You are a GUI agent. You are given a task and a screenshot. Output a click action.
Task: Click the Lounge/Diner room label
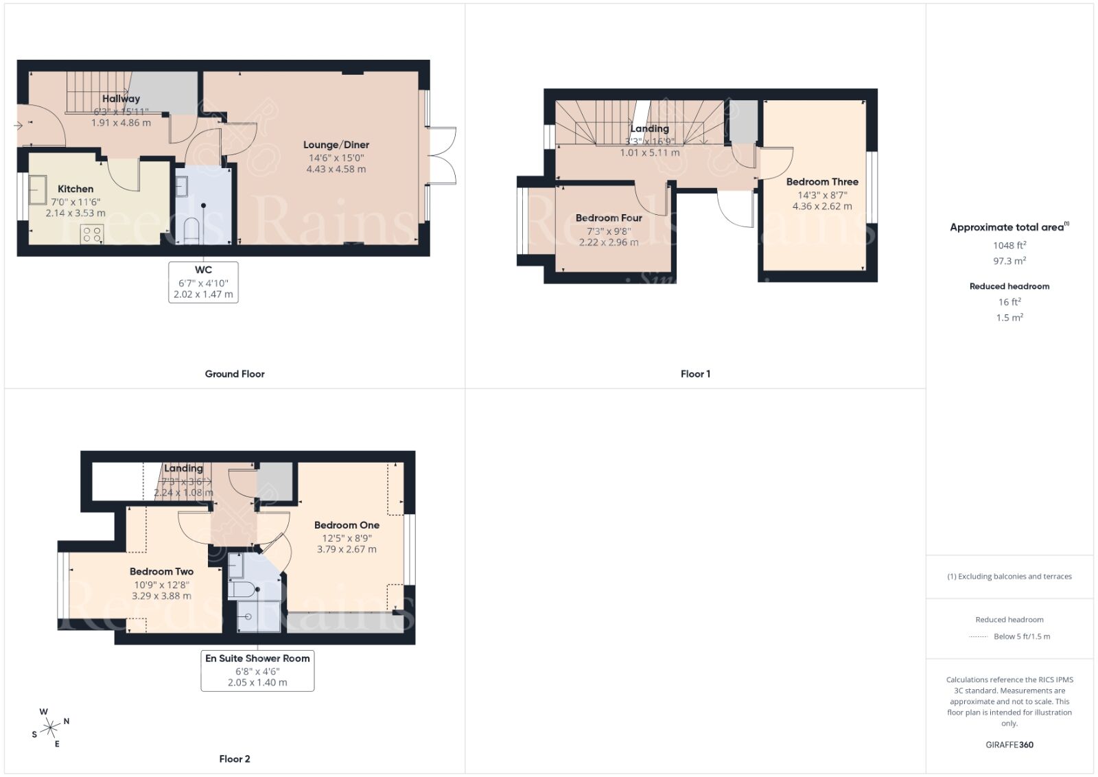point(336,145)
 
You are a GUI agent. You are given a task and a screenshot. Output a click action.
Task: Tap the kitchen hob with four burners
point(92,235)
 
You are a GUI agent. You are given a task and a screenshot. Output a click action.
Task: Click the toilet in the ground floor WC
point(191,230)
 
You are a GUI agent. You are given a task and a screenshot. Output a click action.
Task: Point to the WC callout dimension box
point(203,282)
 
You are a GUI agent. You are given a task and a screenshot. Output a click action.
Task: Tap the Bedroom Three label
point(822,182)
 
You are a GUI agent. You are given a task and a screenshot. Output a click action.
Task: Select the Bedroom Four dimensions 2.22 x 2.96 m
point(609,242)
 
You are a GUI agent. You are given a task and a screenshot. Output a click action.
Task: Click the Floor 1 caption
point(695,374)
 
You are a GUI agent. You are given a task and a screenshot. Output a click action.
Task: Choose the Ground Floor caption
point(235,374)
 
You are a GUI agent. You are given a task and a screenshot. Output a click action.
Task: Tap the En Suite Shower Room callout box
point(257,670)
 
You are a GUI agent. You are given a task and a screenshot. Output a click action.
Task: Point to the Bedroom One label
point(347,525)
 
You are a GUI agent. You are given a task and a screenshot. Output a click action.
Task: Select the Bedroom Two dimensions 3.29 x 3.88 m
point(161,596)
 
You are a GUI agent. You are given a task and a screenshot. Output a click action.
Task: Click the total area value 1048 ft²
point(1009,245)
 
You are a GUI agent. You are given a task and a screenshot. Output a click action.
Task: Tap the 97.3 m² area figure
point(1009,261)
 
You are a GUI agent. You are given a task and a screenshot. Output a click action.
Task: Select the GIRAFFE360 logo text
point(1009,745)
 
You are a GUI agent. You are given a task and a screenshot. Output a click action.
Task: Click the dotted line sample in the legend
point(978,637)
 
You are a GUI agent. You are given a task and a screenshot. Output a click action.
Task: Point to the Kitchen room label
point(75,189)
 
